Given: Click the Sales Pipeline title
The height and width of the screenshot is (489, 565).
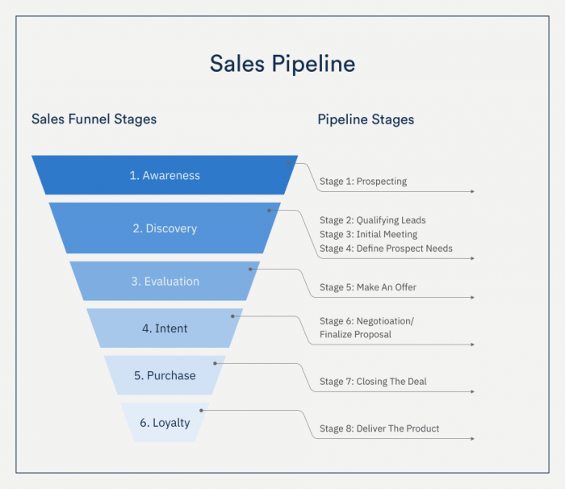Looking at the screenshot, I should [x=282, y=64].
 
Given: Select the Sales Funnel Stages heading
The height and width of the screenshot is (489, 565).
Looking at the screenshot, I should [x=94, y=119].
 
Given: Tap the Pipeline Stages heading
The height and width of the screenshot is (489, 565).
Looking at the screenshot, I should [x=366, y=119].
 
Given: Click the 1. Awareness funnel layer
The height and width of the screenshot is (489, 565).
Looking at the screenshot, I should [x=165, y=175].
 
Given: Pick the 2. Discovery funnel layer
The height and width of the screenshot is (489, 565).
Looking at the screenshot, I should [x=165, y=228].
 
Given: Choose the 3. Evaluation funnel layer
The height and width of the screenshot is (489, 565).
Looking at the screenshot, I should [x=165, y=282].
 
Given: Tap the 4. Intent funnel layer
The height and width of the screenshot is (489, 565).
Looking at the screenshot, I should [x=165, y=328].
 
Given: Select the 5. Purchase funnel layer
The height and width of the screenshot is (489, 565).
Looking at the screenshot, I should [x=165, y=375].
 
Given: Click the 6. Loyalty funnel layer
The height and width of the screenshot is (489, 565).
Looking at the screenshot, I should [x=165, y=422].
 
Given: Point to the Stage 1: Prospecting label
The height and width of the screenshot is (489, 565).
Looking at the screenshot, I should [x=363, y=182].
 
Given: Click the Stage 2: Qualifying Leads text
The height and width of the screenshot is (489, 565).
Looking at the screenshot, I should [x=372, y=220].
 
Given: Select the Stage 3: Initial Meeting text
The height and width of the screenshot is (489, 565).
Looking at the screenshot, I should [x=368, y=234].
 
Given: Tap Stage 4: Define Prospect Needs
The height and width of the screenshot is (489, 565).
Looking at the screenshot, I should [x=386, y=249].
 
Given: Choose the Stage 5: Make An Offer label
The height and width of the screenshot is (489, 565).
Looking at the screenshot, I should [x=368, y=287].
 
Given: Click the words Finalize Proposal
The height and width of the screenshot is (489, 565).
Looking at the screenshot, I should [x=355, y=334].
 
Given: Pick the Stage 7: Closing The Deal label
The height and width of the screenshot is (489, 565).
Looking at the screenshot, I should [x=373, y=382].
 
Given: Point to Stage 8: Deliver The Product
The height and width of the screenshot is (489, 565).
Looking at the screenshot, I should [x=379, y=428].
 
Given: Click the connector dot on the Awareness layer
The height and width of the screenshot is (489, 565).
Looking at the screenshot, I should [x=287, y=163].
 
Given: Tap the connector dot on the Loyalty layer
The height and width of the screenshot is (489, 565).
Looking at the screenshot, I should [x=201, y=411].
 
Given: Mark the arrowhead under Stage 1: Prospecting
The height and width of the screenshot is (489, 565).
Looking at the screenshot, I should [x=472, y=192].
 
